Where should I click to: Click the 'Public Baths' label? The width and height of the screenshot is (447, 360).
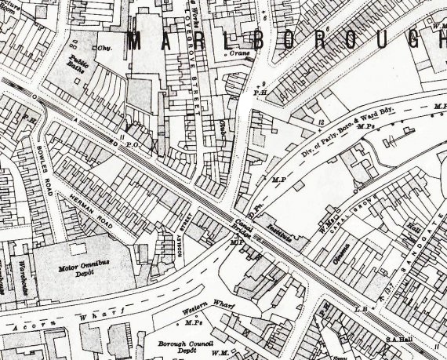tap(79, 63)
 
